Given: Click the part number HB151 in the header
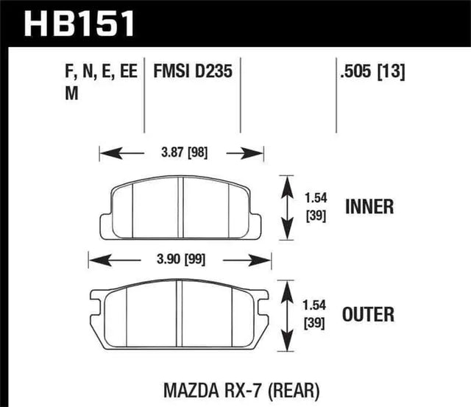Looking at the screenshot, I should click(80, 23).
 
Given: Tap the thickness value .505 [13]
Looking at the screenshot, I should click(371, 73).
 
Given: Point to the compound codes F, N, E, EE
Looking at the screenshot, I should click(96, 73).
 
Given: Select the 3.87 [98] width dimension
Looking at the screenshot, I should click(182, 153).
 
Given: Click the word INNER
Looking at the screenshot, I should click(369, 207).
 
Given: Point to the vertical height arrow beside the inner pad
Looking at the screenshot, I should click(286, 207).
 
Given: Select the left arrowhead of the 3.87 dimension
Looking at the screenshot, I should click(104, 153).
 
